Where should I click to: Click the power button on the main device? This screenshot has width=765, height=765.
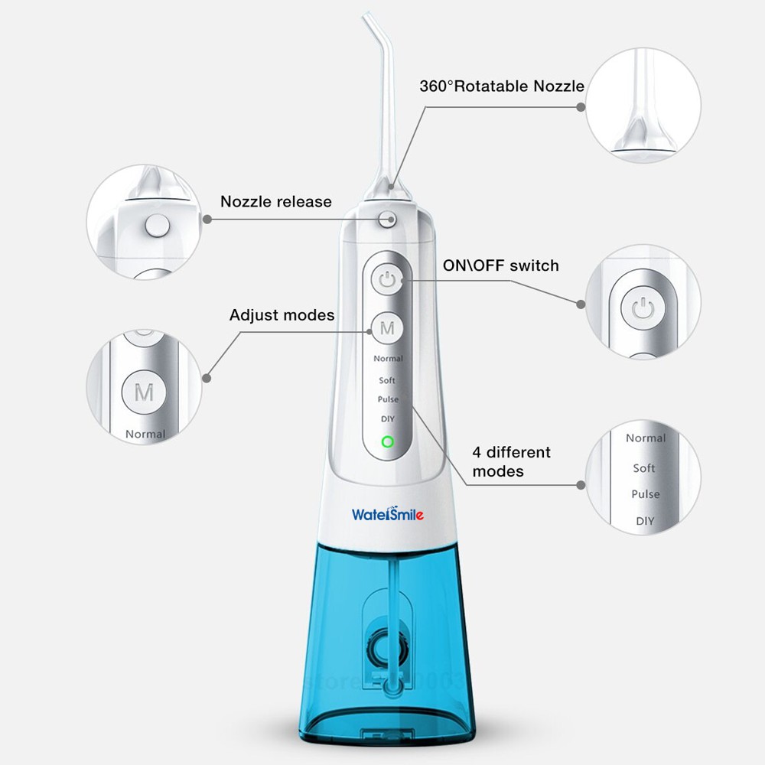[388, 280]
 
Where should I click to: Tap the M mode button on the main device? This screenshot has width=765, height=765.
[388, 329]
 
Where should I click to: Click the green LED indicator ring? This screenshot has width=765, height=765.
[387, 441]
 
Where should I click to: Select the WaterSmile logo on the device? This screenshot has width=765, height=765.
[387, 513]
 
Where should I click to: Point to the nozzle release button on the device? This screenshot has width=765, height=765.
[387, 218]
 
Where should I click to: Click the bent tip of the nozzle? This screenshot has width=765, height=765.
[374, 28]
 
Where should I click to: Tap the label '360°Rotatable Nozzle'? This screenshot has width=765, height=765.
[502, 86]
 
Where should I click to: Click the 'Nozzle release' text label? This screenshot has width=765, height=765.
[276, 202]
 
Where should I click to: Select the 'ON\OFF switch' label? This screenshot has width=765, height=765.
[501, 265]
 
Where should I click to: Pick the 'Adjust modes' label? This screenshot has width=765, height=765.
[282, 315]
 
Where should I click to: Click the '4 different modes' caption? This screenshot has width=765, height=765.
[511, 461]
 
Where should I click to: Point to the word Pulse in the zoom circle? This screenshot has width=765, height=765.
[645, 494]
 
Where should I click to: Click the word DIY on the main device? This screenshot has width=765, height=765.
[387, 418]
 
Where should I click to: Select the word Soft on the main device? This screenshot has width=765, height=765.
[388, 379]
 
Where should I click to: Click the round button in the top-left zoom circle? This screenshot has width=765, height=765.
[158, 225]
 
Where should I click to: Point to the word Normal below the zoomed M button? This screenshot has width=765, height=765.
[145, 434]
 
